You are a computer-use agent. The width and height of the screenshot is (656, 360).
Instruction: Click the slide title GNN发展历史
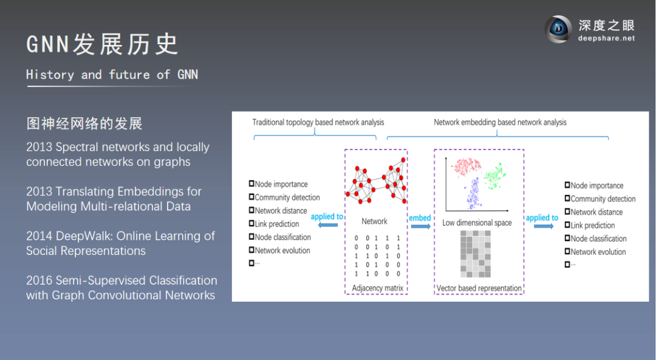pos(102,44)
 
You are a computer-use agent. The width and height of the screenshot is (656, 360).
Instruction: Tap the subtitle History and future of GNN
pos(112,75)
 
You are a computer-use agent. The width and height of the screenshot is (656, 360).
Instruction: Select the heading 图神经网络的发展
pos(84,124)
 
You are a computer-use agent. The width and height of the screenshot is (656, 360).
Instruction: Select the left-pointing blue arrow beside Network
pos(327,225)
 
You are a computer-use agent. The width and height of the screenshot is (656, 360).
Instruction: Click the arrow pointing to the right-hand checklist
pos(544,226)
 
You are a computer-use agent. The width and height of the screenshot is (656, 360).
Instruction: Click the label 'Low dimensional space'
pos(477,223)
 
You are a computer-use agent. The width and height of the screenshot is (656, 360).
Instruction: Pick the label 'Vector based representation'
pos(479,288)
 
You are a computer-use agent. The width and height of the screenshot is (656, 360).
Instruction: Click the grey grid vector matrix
pos(479,254)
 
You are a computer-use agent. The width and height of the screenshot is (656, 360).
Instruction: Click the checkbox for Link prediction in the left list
pos(251,224)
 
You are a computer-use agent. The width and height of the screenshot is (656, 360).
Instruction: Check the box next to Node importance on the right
pos(567,185)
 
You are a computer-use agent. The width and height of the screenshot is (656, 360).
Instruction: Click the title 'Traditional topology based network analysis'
pos(318,122)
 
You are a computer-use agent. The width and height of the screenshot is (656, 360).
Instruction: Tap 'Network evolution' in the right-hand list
pos(598,252)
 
